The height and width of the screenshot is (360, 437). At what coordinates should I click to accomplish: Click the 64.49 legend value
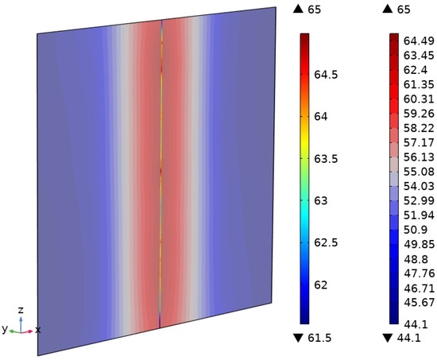click(418, 40)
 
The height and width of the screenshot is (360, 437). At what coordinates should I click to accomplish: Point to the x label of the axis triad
click(37, 328)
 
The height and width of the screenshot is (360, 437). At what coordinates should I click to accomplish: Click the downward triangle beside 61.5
click(298, 339)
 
